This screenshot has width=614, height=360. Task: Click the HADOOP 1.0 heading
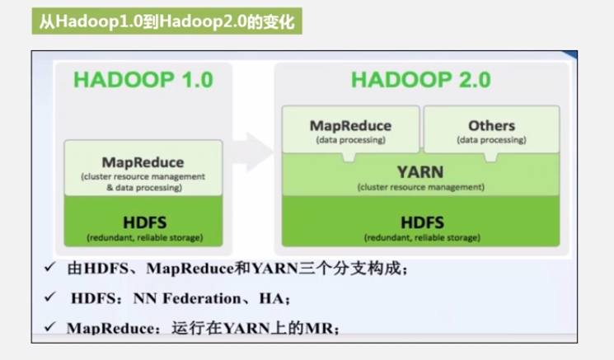point(143,80)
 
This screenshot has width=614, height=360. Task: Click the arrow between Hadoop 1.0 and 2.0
point(251,152)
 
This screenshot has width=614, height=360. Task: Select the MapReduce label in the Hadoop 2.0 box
point(350,126)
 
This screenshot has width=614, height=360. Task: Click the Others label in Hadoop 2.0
point(491,126)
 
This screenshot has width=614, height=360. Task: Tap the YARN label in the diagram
point(420,172)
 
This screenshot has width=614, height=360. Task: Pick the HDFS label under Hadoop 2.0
point(420,222)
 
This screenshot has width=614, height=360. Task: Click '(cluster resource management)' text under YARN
point(420,187)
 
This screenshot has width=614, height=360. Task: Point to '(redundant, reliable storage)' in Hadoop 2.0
point(420,238)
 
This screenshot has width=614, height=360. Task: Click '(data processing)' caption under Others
point(491,140)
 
